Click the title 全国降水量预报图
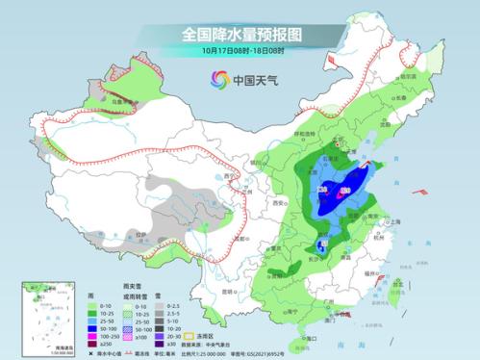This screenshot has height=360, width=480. coord(240,34)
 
